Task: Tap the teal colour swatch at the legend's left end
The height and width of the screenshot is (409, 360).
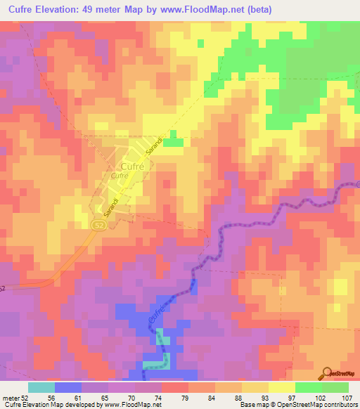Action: coord(41,387)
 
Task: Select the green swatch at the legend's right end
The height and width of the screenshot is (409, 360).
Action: coord(335,387)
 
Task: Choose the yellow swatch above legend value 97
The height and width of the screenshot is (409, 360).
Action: coord(282,387)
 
